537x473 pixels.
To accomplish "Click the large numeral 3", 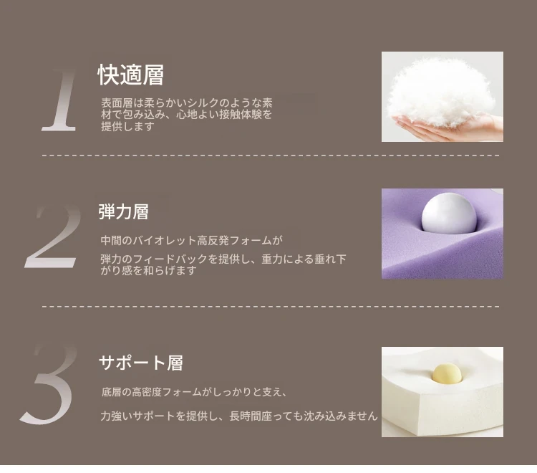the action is [x=48, y=384].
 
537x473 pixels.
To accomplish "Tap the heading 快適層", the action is [x=131, y=75].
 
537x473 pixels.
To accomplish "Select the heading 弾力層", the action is [x=123, y=211].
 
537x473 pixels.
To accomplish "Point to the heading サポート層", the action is [x=141, y=363].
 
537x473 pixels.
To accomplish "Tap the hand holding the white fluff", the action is [x=449, y=128].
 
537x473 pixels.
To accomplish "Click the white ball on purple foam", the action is [x=449, y=213].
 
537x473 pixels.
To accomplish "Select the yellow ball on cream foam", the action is [x=447, y=373].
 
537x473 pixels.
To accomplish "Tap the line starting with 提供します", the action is [x=127, y=126].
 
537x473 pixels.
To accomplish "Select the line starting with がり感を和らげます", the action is [x=148, y=270].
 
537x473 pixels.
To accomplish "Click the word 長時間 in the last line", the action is [x=245, y=416].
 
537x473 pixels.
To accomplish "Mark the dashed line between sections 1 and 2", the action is [x=271, y=156].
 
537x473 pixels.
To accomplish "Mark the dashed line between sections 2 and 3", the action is [x=271, y=306].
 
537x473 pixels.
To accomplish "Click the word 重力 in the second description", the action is [x=272, y=259].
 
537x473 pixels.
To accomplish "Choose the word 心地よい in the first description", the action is [x=198, y=115].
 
